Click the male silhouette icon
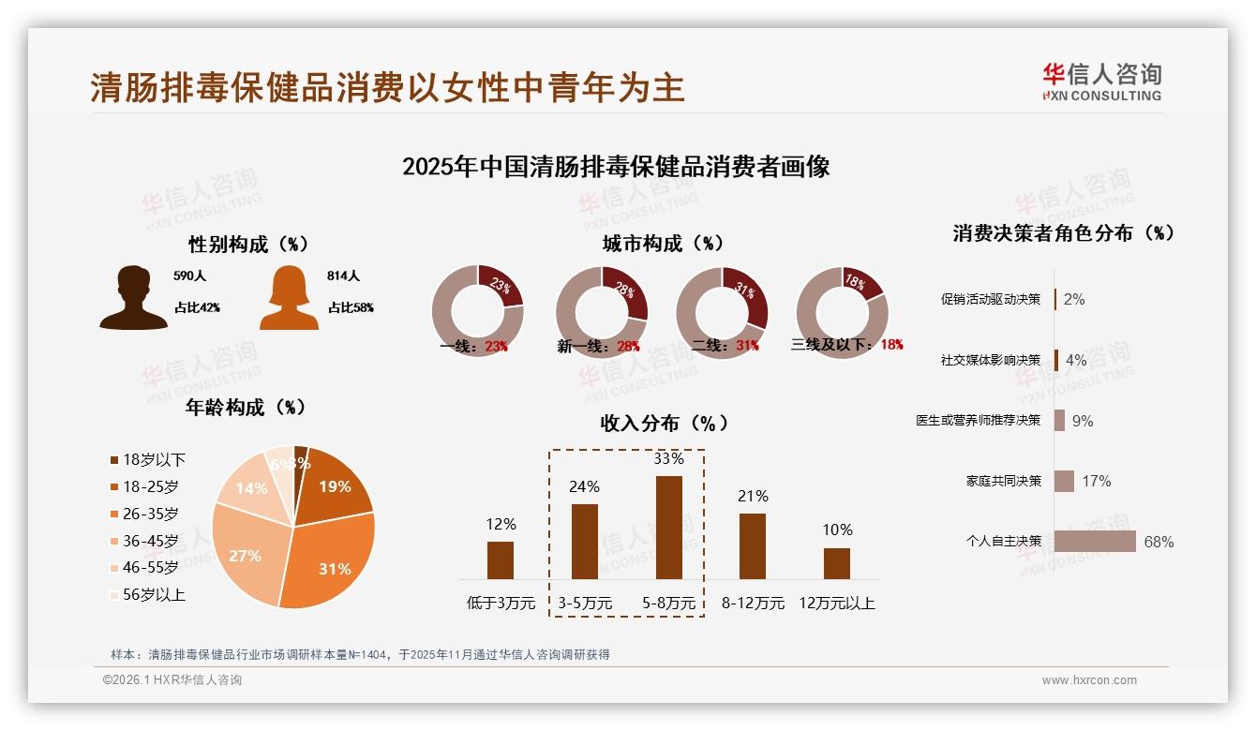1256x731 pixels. (x=133, y=298)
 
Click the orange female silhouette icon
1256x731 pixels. (x=289, y=298)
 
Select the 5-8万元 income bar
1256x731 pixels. (x=668, y=528)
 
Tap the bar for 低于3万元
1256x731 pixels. (x=501, y=560)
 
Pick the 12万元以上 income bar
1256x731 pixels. (x=836, y=563)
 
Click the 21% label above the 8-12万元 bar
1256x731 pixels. (x=753, y=497)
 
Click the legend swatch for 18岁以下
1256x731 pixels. (x=114, y=460)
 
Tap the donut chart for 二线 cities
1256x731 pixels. (x=721, y=312)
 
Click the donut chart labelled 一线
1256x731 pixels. (x=477, y=312)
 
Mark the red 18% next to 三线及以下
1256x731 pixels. (x=891, y=345)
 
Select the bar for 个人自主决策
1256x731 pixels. (x=1095, y=542)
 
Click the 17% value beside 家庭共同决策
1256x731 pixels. (x=1096, y=481)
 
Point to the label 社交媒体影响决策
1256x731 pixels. (x=991, y=360)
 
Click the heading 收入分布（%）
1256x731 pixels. (x=664, y=424)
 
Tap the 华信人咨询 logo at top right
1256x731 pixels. (x=1101, y=82)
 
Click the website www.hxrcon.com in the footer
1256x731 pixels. (x=1089, y=680)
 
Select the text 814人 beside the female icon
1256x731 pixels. (x=344, y=276)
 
